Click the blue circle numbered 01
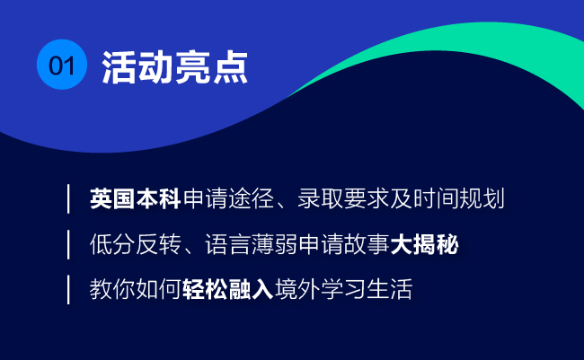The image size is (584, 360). (x=62, y=65)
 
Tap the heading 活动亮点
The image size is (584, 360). (x=175, y=67)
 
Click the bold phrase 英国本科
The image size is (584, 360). (x=135, y=198)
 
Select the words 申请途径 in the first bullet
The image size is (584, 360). (x=229, y=198)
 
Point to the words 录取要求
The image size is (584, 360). (x=343, y=198)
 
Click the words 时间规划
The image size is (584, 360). (x=459, y=198)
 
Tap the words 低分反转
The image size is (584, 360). (x=136, y=244)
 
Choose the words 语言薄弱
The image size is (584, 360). (x=251, y=244)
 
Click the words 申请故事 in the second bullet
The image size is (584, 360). (x=344, y=244)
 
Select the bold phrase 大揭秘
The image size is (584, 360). (x=425, y=244)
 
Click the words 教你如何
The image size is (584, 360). (x=135, y=289)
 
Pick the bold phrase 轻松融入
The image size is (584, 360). (x=228, y=289)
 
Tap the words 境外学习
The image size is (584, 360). (x=321, y=289)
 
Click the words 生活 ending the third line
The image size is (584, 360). (x=390, y=289)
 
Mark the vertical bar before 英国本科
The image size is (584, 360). (x=68, y=198)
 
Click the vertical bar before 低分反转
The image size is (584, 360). (x=68, y=244)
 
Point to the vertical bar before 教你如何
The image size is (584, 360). (x=68, y=290)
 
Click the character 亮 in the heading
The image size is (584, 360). (x=193, y=67)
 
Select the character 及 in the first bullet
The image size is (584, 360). (x=401, y=198)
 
